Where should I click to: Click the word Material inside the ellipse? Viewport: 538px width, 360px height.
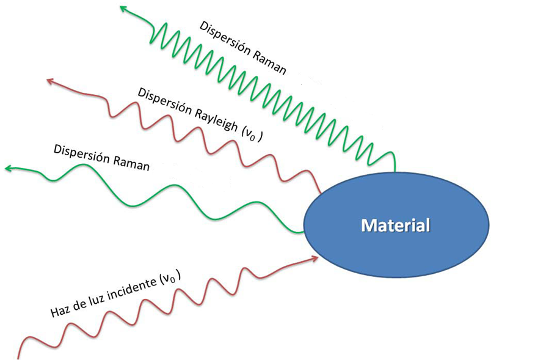click(x=396, y=225)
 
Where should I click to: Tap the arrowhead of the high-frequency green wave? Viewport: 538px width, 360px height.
click(x=122, y=7)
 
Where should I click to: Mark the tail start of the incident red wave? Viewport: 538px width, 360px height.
click(x=20, y=357)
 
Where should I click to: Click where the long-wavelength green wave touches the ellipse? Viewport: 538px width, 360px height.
click(x=304, y=231)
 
